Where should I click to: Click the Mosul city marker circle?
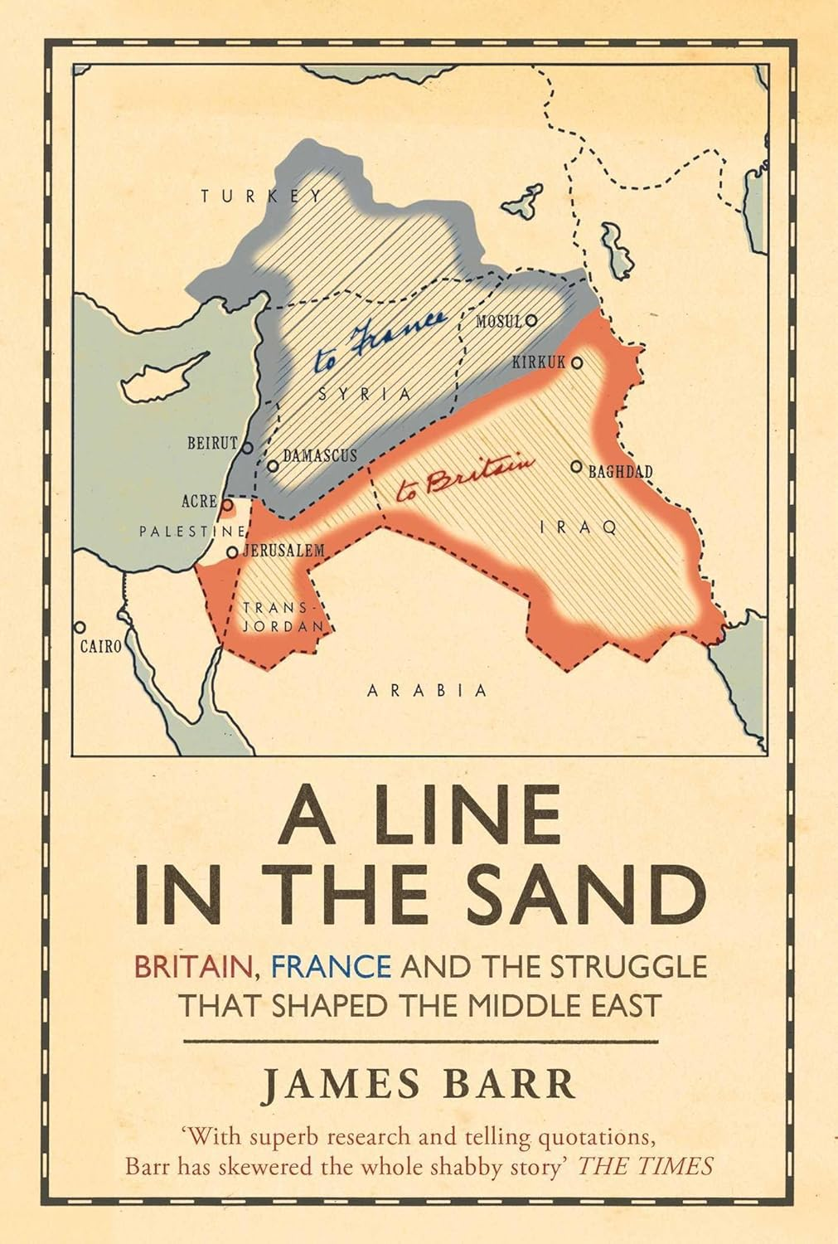(x=531, y=319)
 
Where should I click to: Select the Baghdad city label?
(x=620, y=473)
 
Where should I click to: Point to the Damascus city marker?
(x=271, y=465)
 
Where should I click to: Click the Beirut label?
(x=212, y=443)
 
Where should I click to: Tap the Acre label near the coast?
(x=199, y=502)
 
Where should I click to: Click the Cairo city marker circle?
(x=80, y=628)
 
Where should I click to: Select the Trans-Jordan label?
(x=282, y=617)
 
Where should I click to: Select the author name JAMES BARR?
(x=419, y=1086)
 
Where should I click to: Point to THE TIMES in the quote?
(x=646, y=1165)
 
